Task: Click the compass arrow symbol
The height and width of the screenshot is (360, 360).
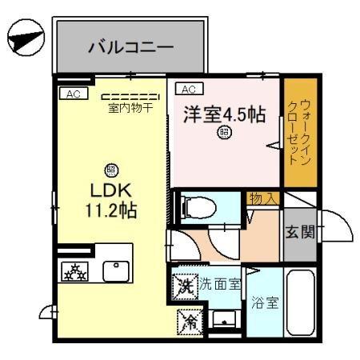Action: pos(24,38)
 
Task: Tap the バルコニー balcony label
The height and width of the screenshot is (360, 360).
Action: pos(130,46)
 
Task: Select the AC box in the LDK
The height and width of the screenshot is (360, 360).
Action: pos(73,94)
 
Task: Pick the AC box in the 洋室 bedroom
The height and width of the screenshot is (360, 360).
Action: pos(190,89)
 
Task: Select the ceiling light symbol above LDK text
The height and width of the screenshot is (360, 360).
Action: pos(111,170)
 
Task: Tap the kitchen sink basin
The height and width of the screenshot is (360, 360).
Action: pos(115,271)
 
